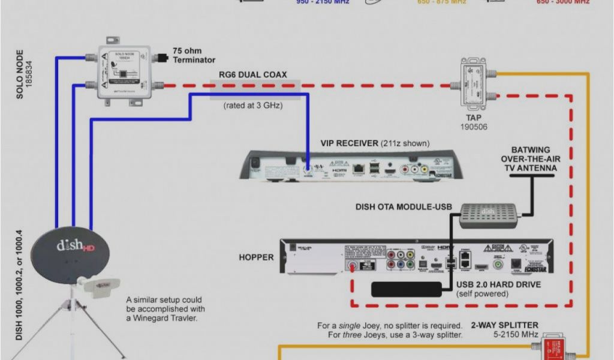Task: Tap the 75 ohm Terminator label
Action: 194,55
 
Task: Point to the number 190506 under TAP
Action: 473,127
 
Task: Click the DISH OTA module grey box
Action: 488,215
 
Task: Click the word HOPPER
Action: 256,257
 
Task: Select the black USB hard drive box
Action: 407,289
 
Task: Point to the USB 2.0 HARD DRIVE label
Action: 498,284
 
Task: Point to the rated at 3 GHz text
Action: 252,106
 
